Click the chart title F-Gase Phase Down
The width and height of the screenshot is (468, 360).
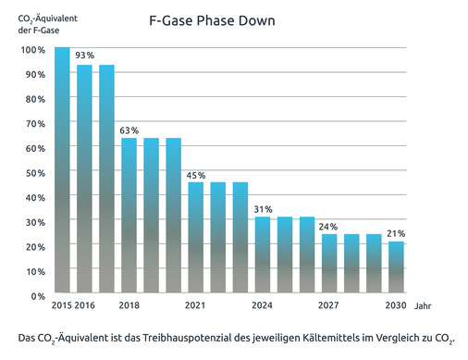click(211, 20)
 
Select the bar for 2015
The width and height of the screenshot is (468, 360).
click(62, 171)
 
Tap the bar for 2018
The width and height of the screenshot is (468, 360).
click(129, 217)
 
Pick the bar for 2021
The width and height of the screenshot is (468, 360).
click(196, 239)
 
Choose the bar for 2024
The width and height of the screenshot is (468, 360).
click(263, 256)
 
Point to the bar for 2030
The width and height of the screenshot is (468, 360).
click(396, 268)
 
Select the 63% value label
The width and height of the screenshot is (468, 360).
click(129, 130)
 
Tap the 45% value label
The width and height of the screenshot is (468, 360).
click(196, 175)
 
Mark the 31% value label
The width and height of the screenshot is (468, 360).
click(263, 209)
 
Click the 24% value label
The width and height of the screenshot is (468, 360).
click(329, 227)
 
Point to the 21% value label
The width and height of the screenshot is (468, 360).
click(396, 234)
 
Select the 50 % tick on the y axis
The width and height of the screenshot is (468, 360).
click(34, 173)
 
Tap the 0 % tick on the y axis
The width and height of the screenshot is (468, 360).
click(37, 296)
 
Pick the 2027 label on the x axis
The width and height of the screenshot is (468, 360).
click(329, 306)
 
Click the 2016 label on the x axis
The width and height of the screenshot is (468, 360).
click(85, 306)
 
